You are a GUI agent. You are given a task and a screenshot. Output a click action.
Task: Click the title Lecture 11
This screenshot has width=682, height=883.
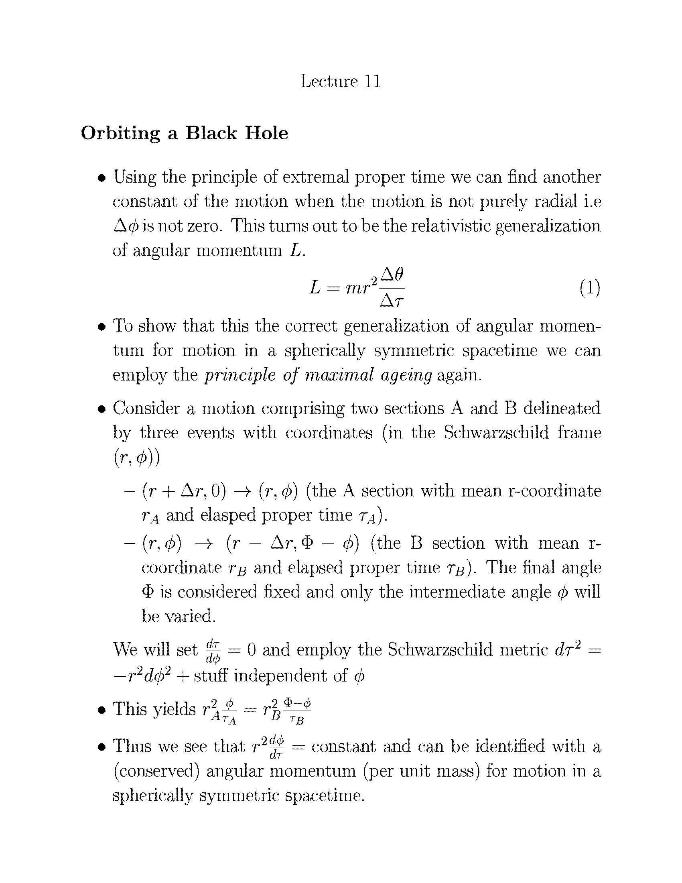pos(341,81)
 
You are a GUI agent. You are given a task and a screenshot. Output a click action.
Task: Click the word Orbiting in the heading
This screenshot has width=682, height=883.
pos(120,133)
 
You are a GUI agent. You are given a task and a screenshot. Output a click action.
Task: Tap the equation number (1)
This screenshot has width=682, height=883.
pos(589,289)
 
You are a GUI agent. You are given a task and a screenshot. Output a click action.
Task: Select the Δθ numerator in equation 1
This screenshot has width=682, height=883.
pos(392,275)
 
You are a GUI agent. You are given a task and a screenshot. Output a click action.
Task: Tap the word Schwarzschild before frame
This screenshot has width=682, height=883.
pos(496,433)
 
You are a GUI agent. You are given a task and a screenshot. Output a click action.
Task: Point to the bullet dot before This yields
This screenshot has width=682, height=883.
pos(102,710)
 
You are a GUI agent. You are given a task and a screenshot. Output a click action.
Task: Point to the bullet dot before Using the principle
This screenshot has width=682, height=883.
pos(102,178)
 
